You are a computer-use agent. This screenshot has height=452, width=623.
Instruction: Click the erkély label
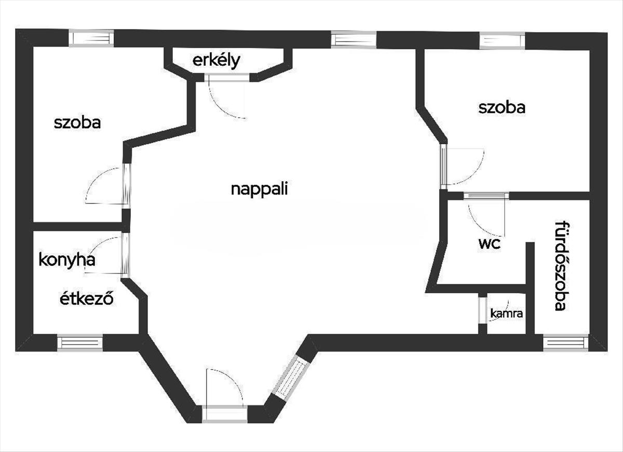[x=216, y=61]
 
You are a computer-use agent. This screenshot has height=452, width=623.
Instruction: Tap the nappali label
[x=259, y=189]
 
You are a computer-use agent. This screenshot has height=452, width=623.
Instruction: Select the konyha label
[x=67, y=259]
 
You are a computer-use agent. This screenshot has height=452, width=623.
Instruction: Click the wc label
[x=490, y=243]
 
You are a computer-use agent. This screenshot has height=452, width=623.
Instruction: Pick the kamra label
[x=506, y=313]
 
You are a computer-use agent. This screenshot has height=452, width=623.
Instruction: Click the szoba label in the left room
[x=77, y=123]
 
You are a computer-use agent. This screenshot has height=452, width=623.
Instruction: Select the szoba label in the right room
[x=502, y=107]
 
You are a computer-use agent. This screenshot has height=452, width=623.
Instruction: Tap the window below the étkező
[x=79, y=343]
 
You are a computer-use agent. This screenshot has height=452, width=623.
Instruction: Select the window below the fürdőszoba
[x=565, y=343]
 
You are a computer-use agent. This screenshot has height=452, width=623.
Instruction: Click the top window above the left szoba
[x=91, y=38]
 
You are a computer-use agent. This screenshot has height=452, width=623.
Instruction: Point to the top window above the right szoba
[x=502, y=40]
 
